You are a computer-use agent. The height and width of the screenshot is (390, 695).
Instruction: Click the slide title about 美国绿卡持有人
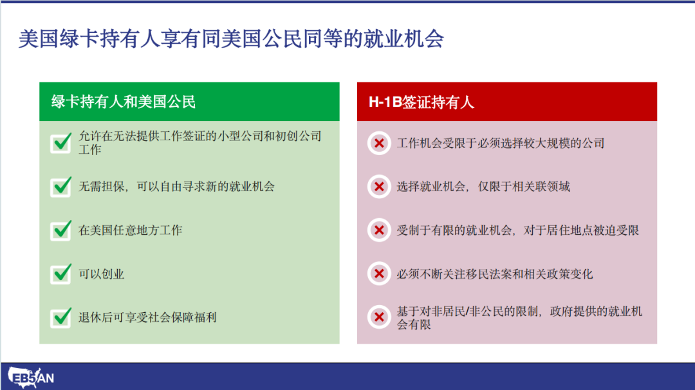point(231,39)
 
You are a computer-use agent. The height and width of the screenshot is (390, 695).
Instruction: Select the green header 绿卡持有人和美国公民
point(123,102)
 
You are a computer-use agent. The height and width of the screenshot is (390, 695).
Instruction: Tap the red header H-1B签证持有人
point(422,102)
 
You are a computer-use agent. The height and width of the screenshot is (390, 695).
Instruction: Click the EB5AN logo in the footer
point(31,378)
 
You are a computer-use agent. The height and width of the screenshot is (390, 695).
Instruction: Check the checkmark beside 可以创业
point(61,274)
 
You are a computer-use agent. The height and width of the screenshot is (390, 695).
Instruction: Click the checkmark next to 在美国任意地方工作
point(61,230)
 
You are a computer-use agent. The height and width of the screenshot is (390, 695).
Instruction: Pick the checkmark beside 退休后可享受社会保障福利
point(61,317)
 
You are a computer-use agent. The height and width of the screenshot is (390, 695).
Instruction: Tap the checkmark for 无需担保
point(61,187)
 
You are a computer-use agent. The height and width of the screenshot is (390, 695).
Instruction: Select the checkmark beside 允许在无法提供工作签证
point(61,143)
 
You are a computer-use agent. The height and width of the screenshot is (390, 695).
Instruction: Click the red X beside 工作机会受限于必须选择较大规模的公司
point(379,143)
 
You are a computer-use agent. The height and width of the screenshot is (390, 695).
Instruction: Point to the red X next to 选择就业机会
point(379,187)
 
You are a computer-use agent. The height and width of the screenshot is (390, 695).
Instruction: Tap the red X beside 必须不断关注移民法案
point(379,274)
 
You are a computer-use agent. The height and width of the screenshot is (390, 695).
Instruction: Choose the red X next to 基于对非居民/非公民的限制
point(379,317)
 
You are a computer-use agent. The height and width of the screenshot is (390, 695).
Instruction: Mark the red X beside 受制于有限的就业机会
point(379,230)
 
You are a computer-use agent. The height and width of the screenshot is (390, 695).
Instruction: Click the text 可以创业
point(102,274)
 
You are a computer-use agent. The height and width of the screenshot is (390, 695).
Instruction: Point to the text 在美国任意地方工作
point(130,230)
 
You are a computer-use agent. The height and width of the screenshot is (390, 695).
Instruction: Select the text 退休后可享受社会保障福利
point(147,317)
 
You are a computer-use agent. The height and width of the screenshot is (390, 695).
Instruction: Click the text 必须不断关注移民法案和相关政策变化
point(495,274)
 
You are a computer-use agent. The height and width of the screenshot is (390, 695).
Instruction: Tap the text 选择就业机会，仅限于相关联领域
point(483,187)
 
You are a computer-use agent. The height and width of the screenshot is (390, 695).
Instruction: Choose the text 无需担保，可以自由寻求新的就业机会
point(176,187)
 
